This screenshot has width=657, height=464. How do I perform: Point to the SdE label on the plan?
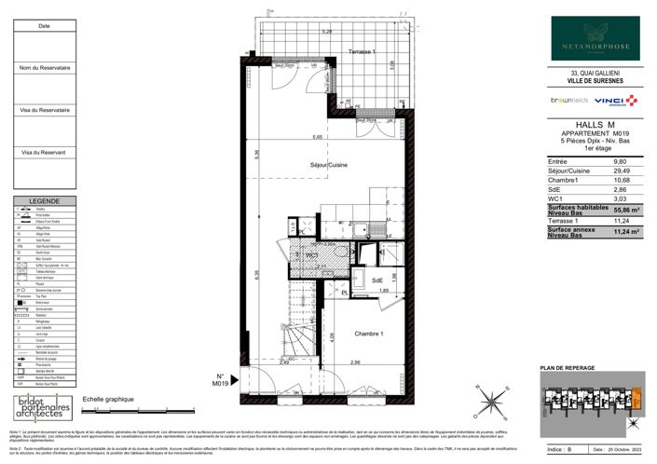click(x=377, y=280)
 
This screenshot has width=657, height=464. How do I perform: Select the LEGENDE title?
click(x=44, y=201)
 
